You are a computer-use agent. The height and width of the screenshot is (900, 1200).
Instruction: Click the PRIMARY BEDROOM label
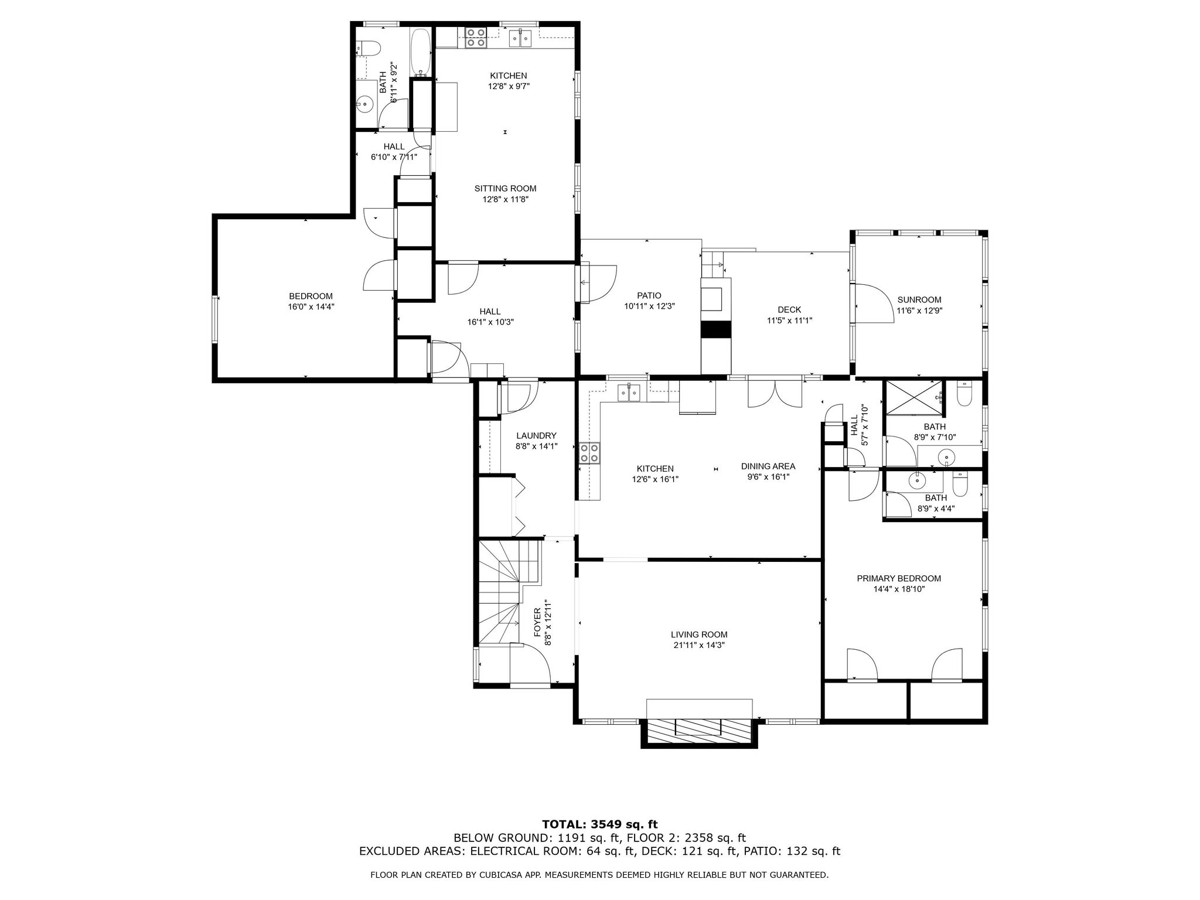[x=898, y=578]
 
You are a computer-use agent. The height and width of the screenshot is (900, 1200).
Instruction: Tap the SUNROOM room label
[x=919, y=299]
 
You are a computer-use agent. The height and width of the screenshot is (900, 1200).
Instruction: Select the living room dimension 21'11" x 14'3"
[x=699, y=645]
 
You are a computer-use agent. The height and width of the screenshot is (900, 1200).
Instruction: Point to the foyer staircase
[x=504, y=592]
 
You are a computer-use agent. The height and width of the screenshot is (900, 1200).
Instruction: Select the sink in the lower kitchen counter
[x=630, y=392]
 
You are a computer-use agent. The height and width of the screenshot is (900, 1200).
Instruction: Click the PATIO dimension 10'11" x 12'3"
[x=649, y=306]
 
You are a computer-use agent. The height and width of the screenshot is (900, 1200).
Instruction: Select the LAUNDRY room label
[x=536, y=435]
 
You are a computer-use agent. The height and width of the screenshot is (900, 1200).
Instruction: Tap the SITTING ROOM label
[x=505, y=188]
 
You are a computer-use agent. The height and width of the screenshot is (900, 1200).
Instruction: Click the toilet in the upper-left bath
[x=367, y=47]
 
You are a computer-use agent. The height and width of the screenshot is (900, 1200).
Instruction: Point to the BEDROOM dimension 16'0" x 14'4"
[x=311, y=306]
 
